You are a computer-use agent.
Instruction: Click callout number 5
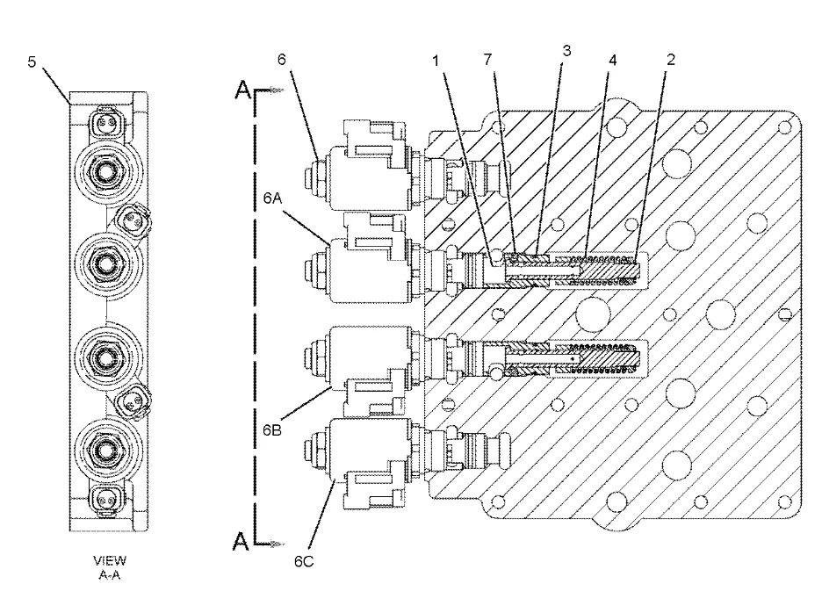pos(32,61)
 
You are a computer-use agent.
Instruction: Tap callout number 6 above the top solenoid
pos(282,59)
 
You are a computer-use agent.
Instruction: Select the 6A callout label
pos(272,198)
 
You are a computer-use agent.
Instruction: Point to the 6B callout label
pos(272,430)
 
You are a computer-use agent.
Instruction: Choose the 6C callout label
pos(304,561)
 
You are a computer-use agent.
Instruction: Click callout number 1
pos(436,61)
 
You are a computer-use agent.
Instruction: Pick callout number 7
pos(488,59)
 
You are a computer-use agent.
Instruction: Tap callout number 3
pos(566,50)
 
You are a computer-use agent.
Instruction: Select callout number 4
pos(613,60)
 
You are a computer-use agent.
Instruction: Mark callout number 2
pos(670,59)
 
